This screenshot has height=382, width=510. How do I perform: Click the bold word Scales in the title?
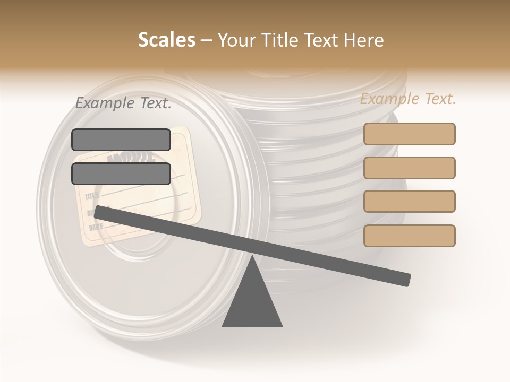[x=166, y=40]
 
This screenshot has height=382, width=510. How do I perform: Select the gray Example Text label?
[x=123, y=103]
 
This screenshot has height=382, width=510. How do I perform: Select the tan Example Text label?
[x=408, y=99]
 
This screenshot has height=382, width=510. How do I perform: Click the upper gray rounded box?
[x=121, y=140]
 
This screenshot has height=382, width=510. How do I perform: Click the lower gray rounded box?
[x=121, y=173]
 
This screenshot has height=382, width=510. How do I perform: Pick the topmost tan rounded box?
[x=409, y=134]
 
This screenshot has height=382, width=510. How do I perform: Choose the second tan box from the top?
[x=409, y=168]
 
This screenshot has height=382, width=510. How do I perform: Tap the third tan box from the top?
[x=409, y=201]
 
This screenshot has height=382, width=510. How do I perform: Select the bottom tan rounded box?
[x=409, y=236]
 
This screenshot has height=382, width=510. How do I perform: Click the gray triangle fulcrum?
[x=252, y=302]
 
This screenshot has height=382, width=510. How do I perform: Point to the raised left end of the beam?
[x=99, y=212]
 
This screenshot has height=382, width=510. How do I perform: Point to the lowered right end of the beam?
[x=406, y=280]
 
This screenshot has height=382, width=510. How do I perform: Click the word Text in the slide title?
[x=319, y=40]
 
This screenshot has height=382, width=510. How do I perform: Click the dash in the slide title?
[x=207, y=40]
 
